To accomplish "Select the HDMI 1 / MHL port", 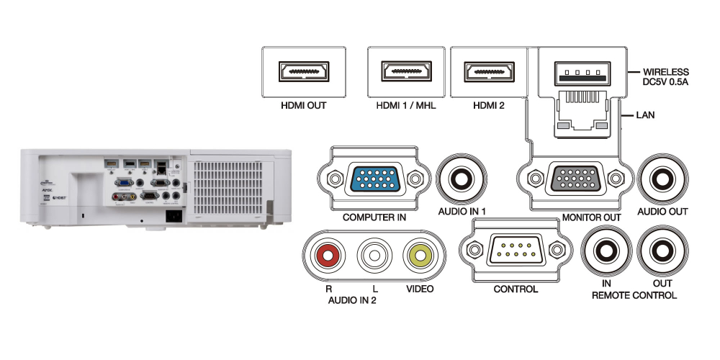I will point(405,73).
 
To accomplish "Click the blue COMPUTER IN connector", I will point(374,179).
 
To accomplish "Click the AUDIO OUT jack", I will point(663,179).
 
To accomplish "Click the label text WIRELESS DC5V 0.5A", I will point(666,77).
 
